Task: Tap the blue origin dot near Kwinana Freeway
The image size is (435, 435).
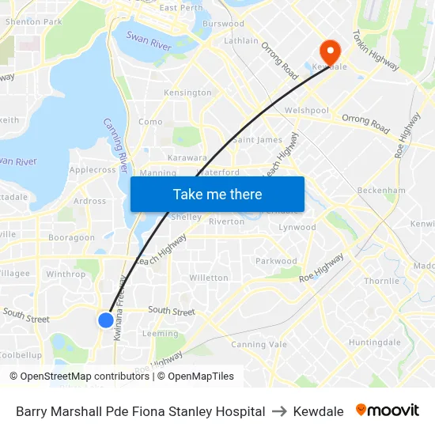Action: point(105,320)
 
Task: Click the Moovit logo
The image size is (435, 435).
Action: point(388,410)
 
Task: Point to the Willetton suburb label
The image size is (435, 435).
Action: point(209,278)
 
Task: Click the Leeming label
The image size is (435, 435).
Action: point(160,334)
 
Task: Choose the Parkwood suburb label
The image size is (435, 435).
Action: point(276,261)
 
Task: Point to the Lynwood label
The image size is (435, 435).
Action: point(297,227)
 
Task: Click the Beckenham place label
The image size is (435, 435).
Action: point(381,191)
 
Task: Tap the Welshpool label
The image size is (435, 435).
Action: point(306,111)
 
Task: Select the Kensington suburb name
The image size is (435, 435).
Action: point(187,93)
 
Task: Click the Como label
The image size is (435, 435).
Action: point(150,122)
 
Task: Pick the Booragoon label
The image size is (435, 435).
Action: point(71,237)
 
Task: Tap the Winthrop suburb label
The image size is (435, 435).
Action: point(66,274)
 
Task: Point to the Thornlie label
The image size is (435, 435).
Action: point(381,281)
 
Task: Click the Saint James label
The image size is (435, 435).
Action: point(258,140)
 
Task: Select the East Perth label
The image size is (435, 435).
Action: point(181,8)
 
